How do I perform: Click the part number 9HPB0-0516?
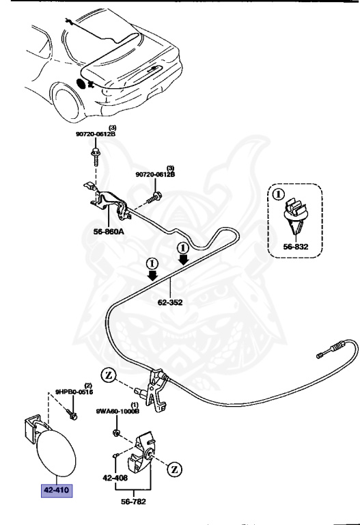point(74,392)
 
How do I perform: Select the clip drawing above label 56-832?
point(294,213)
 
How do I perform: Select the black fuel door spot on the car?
point(85,83)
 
